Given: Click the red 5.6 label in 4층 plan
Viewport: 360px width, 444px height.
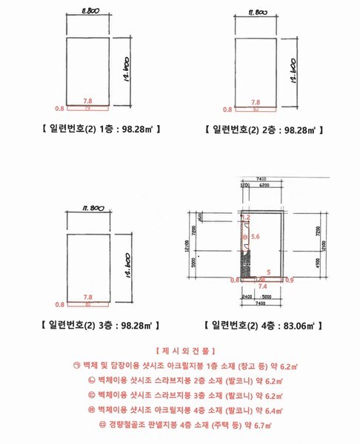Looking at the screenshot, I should (x=256, y=237).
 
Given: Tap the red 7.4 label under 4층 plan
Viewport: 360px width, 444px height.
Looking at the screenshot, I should (x=261, y=285).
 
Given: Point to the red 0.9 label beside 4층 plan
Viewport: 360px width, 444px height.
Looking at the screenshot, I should (x=289, y=280).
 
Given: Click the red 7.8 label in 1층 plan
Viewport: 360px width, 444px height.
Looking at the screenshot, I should (x=88, y=101).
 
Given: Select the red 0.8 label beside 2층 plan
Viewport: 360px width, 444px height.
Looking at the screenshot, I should (x=227, y=109).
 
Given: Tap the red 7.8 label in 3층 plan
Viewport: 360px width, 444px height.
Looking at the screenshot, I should (x=88, y=295).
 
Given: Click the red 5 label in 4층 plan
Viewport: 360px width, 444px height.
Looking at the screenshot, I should (x=269, y=272).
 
